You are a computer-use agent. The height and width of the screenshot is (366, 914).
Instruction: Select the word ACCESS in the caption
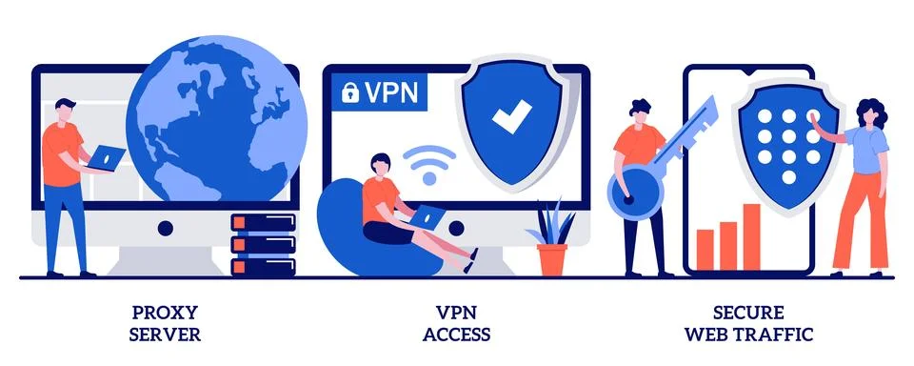(x=458, y=335)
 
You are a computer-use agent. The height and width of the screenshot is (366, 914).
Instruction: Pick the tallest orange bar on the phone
(x=751, y=236)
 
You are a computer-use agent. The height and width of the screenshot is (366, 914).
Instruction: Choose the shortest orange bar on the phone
(x=705, y=249)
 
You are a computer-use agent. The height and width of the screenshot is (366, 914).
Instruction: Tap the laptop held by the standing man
(x=106, y=158)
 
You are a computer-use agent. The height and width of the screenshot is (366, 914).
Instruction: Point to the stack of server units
(x=263, y=244)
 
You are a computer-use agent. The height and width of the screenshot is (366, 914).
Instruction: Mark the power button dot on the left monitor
(x=165, y=229)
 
